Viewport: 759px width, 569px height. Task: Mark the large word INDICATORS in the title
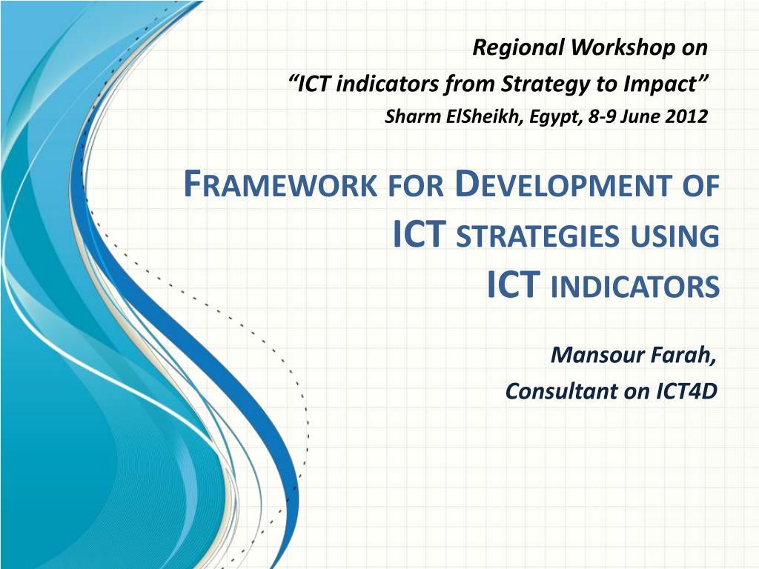click(635, 287)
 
